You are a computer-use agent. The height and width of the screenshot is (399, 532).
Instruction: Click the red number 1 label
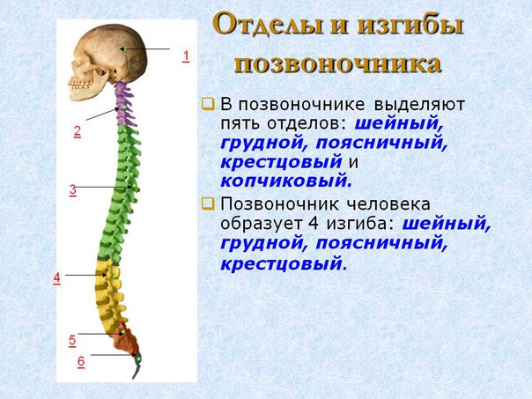point(186,56)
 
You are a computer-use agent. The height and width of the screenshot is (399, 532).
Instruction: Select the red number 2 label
point(78,131)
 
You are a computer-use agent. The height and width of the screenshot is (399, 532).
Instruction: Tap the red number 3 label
point(73,190)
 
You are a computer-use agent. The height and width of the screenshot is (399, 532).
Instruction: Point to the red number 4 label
point(56,278)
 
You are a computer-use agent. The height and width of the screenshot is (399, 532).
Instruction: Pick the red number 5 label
point(72,341)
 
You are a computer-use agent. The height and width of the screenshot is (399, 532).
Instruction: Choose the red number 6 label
point(81,362)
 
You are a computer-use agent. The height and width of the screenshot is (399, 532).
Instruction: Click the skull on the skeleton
point(108,62)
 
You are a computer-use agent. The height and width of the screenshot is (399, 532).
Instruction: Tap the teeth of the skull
point(80,85)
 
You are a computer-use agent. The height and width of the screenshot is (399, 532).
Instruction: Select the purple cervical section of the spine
point(125,104)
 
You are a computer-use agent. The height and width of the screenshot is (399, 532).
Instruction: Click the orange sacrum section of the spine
point(126,337)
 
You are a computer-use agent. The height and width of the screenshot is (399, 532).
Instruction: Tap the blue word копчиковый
point(286,181)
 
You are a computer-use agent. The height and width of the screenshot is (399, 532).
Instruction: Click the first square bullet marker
point(208,104)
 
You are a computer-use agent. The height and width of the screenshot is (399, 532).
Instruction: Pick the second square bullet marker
point(208,204)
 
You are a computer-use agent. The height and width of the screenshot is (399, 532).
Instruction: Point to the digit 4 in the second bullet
point(314,224)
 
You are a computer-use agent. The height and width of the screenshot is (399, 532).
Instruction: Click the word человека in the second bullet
point(388,204)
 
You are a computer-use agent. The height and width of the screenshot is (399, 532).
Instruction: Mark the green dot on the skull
point(124,49)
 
